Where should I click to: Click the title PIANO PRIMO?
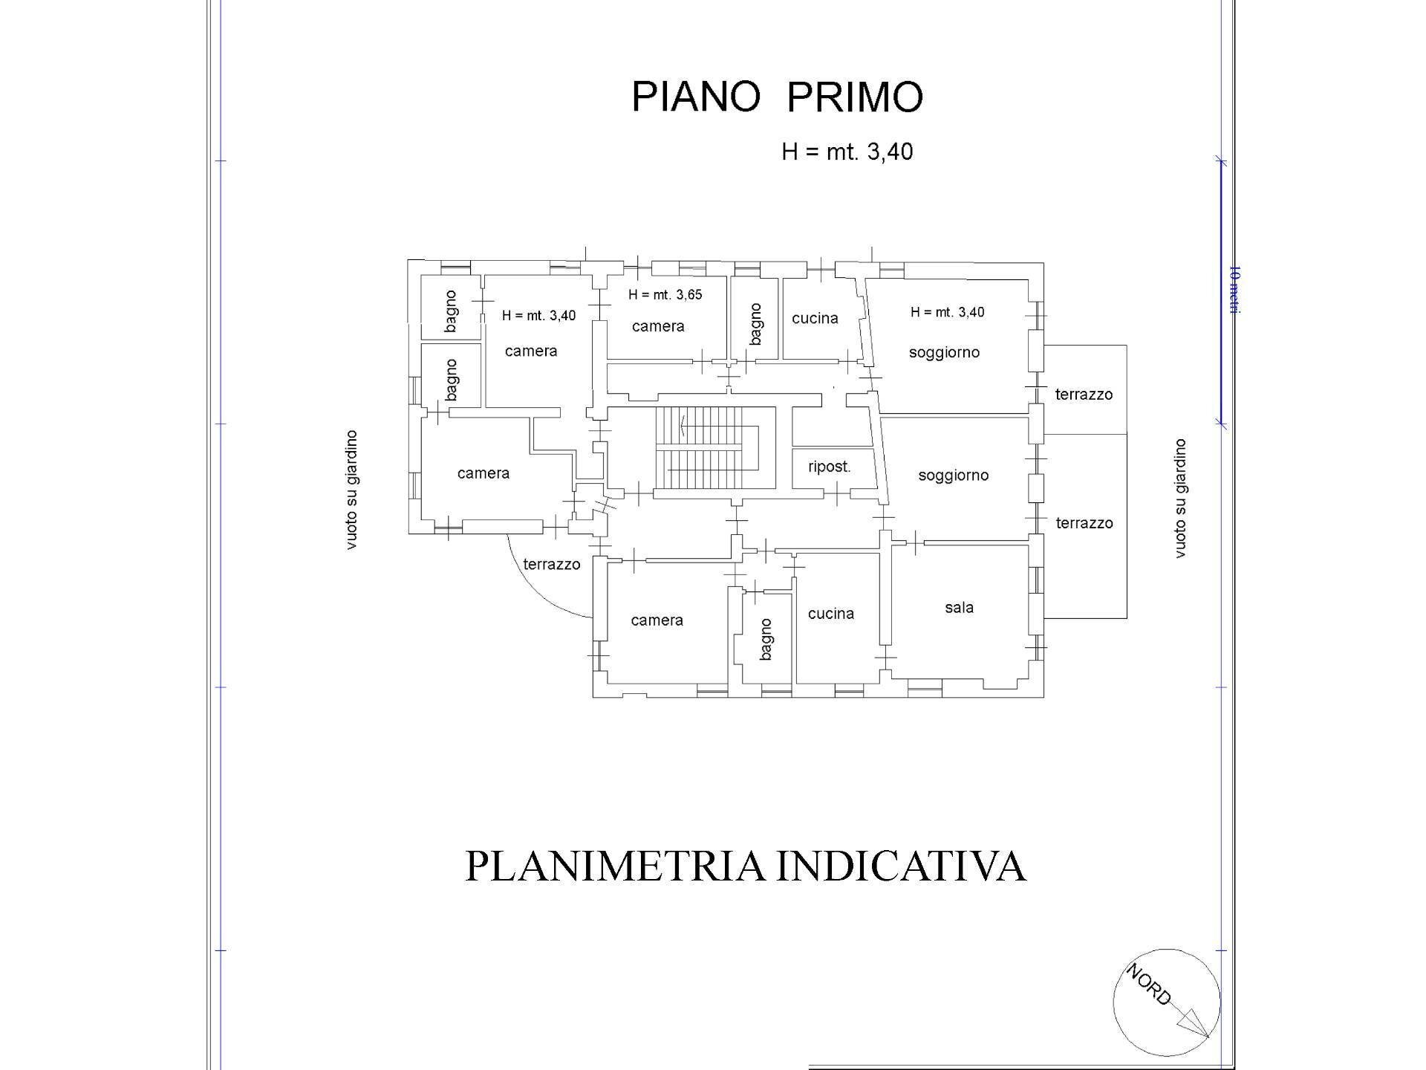coord(777,97)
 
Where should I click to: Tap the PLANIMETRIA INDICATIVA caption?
coord(745,866)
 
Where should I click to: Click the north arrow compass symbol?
coord(1166,1002)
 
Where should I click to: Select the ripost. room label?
coord(829,467)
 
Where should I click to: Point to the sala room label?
coord(959,607)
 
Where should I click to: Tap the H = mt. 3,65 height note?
coord(665,294)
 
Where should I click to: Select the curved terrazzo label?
coord(551,564)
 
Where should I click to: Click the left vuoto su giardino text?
coord(351,490)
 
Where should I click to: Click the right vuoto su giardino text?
coord(1179,498)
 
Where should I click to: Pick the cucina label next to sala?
coord(830,614)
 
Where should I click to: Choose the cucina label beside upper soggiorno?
coord(815,318)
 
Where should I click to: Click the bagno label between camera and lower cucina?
coord(766,640)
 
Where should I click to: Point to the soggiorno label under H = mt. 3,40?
coord(944,352)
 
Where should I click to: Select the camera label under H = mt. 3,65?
coord(658,326)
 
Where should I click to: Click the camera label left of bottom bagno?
coord(657,620)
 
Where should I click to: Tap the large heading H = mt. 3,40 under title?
coord(847,152)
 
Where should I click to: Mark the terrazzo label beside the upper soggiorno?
coord(1084,395)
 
